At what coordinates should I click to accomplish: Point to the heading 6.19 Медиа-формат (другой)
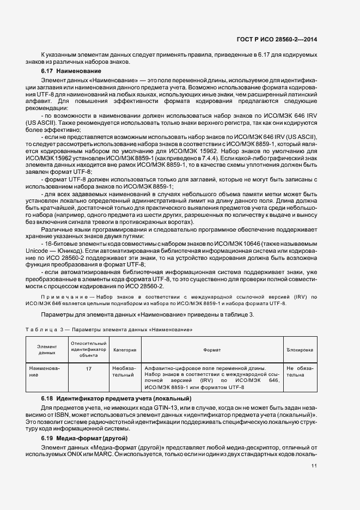(84, 438)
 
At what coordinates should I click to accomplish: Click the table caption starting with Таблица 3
(109, 330)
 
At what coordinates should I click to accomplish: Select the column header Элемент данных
(47, 350)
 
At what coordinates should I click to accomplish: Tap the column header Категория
(125, 350)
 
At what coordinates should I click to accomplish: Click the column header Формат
(212, 350)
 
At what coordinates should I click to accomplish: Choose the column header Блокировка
(300, 350)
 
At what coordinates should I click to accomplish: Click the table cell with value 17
(88, 368)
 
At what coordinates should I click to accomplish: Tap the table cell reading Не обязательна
(300, 372)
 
